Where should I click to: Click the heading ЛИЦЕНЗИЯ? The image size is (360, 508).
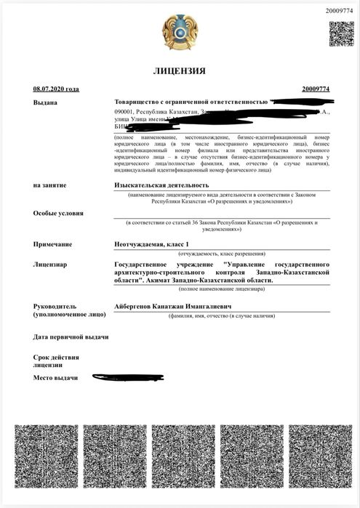click(x=179, y=71)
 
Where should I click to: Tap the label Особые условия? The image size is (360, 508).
click(x=58, y=214)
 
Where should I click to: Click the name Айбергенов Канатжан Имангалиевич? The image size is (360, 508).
click(x=173, y=307)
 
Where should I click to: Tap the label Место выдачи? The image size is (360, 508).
click(x=55, y=379)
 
